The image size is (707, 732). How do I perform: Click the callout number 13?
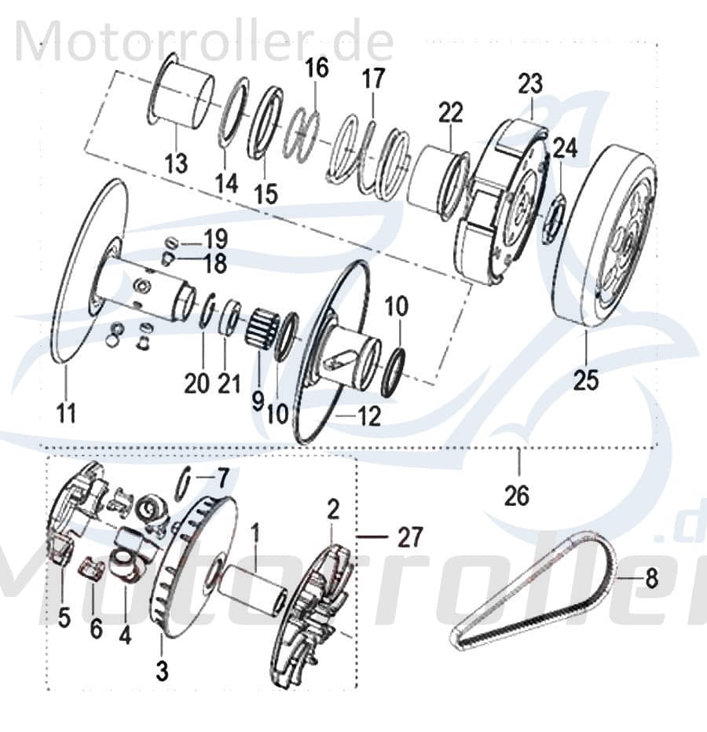(x=178, y=163)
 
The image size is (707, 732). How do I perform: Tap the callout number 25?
(x=585, y=379)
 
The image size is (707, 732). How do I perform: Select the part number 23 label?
(x=530, y=83)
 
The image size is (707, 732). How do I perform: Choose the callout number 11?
(x=66, y=412)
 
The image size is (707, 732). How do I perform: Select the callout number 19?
(x=214, y=237)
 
